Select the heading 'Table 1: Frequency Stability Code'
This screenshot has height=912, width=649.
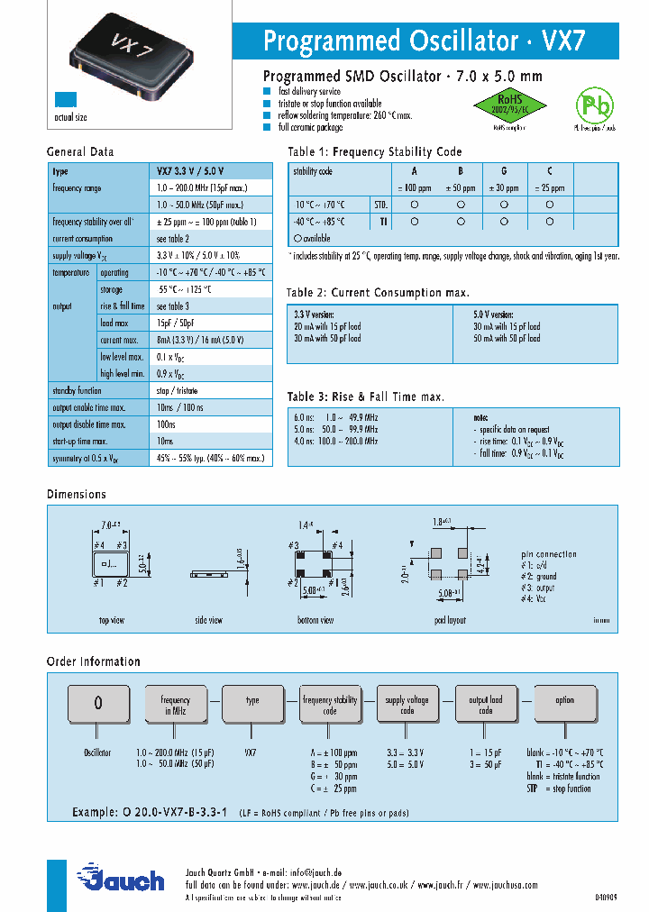click(x=374, y=152)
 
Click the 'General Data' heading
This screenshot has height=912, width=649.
click(x=80, y=152)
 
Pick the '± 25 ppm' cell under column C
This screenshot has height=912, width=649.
click(x=549, y=188)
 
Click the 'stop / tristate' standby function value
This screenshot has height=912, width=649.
click(x=177, y=391)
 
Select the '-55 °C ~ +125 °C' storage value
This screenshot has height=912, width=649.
click(x=184, y=289)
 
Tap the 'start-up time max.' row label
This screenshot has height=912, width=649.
click(x=80, y=442)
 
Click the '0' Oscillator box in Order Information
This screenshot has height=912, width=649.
click(x=98, y=704)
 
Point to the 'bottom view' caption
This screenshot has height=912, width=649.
click(x=315, y=620)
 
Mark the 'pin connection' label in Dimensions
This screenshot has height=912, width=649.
click(x=549, y=554)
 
